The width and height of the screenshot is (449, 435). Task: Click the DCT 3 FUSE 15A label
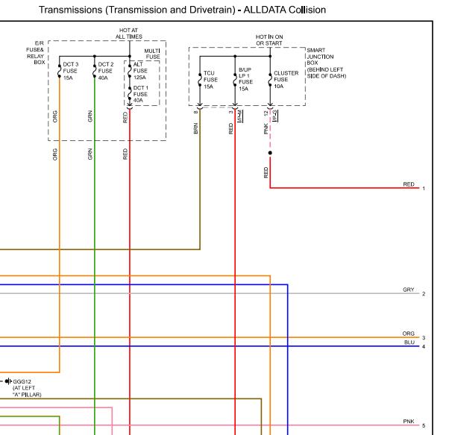click(70, 71)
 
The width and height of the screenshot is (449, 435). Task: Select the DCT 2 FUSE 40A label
click(106, 71)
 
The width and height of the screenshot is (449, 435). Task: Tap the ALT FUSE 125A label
click(140, 71)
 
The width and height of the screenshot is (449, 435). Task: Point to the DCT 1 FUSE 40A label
click(141, 94)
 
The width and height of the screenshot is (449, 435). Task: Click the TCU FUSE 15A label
click(210, 80)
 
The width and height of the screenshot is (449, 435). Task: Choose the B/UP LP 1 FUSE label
click(245, 76)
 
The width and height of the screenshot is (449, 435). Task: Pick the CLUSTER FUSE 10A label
click(286, 80)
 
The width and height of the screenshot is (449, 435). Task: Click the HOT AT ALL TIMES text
click(129, 34)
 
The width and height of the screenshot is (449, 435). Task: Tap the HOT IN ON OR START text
click(269, 40)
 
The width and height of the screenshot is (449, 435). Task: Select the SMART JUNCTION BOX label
click(320, 57)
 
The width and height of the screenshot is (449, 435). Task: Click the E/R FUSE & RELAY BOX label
click(36, 53)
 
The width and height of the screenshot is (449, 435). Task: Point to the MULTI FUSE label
click(152, 54)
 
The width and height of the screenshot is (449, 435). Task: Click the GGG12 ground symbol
click(8, 381)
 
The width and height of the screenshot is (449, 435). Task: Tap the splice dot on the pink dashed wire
click(270, 153)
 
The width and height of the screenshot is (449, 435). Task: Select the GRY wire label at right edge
click(408, 290)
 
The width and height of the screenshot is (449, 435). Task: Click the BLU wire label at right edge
click(409, 342)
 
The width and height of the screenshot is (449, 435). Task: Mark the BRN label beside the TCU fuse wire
click(196, 128)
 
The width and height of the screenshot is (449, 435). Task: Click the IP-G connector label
click(275, 116)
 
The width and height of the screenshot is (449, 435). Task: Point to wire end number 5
click(424, 426)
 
